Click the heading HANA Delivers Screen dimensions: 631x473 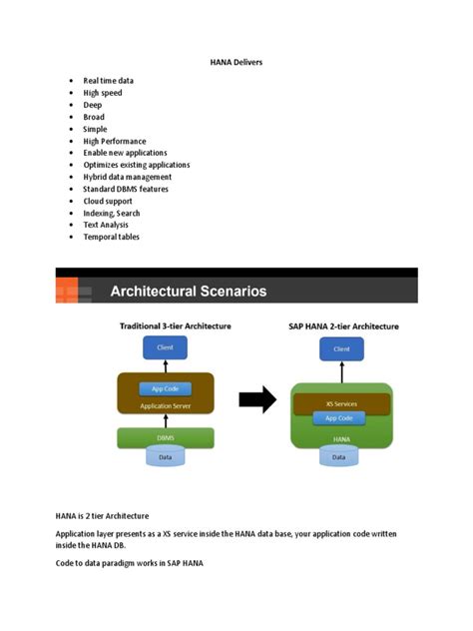click(x=236, y=62)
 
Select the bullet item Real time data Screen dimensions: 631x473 click(x=108, y=81)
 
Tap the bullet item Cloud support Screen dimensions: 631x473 click(x=109, y=201)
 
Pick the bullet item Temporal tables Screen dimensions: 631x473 click(x=111, y=237)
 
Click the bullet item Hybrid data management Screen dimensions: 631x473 click(x=127, y=177)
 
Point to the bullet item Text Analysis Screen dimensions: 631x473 click(x=106, y=225)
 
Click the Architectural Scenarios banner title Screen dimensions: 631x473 click(x=188, y=292)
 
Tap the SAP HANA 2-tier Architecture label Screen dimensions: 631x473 click(x=342, y=326)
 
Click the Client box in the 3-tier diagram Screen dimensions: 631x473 click(x=165, y=347)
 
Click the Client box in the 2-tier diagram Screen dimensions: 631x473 click(x=341, y=348)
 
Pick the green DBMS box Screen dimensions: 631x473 click(x=166, y=436)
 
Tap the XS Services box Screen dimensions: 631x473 click(x=340, y=403)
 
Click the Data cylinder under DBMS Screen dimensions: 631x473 click(x=166, y=456)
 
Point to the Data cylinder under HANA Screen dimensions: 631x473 click(x=340, y=457)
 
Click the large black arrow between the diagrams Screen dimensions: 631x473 click(x=256, y=401)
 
